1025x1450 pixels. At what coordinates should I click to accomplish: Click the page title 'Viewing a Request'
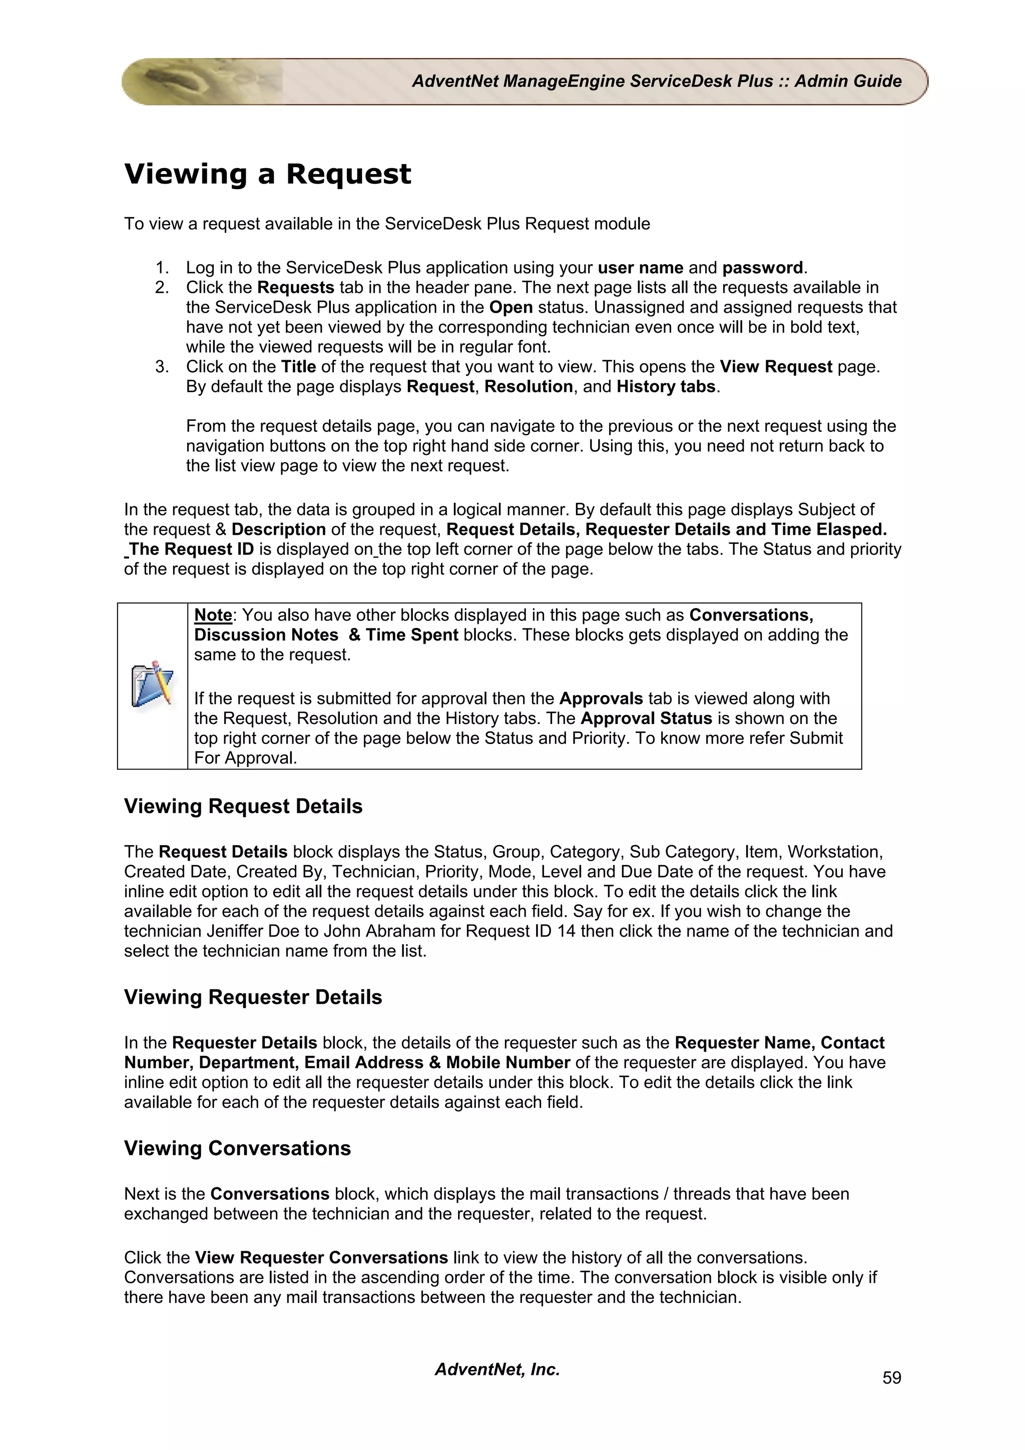point(267,174)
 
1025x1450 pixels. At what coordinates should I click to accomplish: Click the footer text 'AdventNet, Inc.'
point(497,1369)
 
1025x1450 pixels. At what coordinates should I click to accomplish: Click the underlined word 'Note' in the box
point(213,614)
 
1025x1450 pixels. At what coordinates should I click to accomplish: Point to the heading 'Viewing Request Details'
point(243,807)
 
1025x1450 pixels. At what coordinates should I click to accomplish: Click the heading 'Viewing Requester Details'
point(253,997)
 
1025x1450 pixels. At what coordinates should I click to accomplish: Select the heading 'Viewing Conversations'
point(237,1148)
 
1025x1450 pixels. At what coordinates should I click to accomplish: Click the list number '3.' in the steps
point(162,367)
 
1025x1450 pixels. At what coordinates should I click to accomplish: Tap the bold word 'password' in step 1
point(762,268)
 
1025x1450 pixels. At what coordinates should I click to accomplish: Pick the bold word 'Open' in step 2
point(511,308)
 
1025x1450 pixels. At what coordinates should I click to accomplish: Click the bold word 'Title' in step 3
point(298,367)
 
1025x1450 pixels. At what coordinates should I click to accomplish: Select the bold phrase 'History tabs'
point(666,386)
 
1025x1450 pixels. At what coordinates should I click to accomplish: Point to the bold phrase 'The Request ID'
point(191,549)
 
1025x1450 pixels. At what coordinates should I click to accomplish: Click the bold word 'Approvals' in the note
point(601,698)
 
